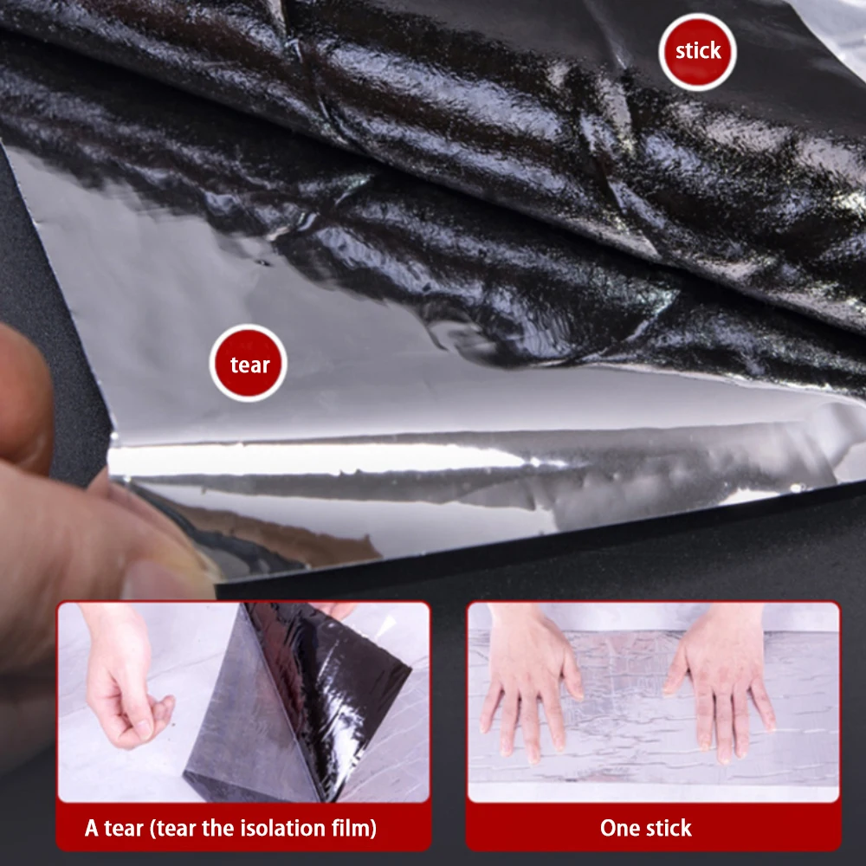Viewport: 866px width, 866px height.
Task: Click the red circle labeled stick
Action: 697,51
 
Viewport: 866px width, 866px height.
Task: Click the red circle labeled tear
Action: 249,364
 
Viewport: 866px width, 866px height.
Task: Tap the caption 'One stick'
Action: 645,828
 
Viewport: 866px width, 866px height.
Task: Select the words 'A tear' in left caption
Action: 113,828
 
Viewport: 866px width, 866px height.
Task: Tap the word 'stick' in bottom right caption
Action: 669,828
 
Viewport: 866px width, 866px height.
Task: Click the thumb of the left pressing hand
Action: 572,675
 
